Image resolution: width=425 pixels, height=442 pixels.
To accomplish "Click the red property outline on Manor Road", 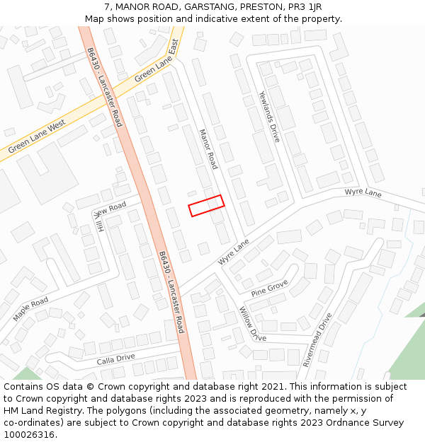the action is click(x=206, y=206).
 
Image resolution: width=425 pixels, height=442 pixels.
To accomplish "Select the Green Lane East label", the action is click(x=157, y=62).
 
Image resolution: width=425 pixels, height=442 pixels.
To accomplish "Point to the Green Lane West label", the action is click(x=37, y=136).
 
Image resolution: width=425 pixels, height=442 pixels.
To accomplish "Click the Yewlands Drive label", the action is click(x=269, y=117).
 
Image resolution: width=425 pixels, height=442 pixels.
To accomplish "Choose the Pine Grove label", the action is click(x=270, y=286).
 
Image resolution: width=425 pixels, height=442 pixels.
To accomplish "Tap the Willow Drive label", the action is click(x=252, y=325).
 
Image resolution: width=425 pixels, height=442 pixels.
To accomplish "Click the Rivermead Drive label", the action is click(x=317, y=339).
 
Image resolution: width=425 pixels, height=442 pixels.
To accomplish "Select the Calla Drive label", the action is click(x=116, y=359).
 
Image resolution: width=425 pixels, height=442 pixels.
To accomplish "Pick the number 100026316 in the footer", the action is click(x=30, y=434).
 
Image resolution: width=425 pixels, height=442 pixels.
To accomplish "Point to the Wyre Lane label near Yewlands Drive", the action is click(x=363, y=193).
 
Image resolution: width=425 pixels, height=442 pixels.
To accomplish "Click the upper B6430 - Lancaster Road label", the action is click(x=104, y=87).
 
